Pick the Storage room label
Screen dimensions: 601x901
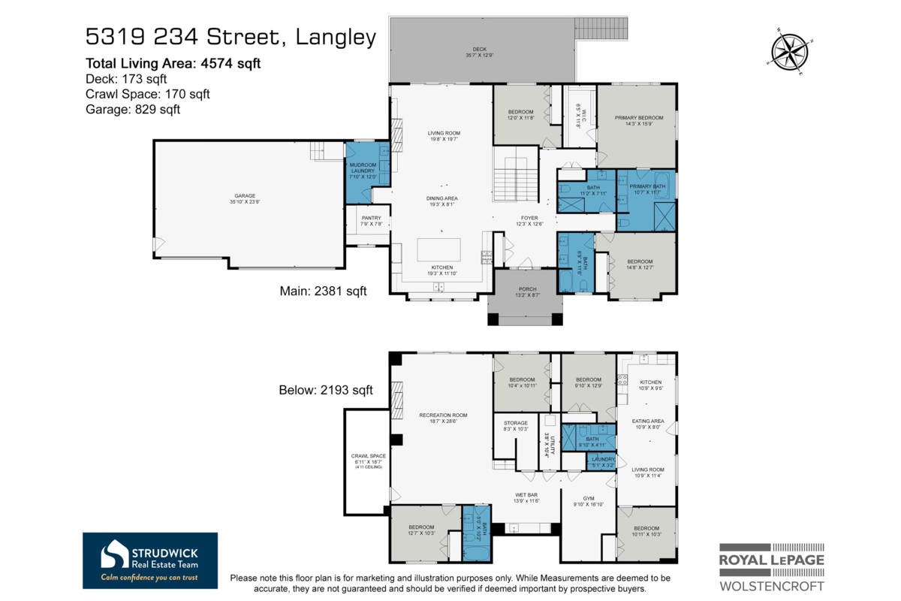pos(516,426)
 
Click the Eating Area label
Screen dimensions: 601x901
pos(647,424)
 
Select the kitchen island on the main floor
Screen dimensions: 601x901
pos(441,249)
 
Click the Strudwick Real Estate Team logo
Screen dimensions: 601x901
pos(150,560)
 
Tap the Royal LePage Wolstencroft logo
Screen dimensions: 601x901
pos(771,567)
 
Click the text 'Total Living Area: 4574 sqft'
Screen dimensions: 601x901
pos(173,64)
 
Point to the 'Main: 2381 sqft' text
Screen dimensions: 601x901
pos(323,291)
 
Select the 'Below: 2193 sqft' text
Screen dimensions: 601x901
pos(326,390)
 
